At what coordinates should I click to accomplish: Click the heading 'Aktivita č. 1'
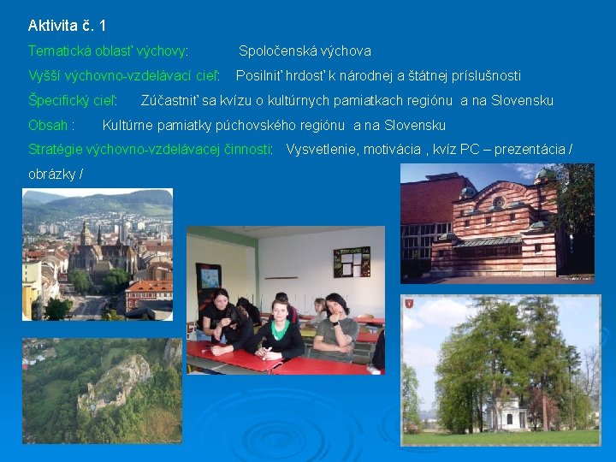[67, 26]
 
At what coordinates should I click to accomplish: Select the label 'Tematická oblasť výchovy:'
[108, 51]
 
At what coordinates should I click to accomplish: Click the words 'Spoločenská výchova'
[305, 51]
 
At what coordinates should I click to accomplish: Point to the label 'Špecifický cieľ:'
[72, 101]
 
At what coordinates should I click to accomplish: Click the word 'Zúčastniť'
[169, 101]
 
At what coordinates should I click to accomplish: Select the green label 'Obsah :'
[50, 126]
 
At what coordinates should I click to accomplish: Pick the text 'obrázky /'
[56, 174]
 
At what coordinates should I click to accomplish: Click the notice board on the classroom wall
[351, 262]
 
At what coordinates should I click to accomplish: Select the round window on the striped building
[499, 203]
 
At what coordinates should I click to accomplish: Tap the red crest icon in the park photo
[409, 303]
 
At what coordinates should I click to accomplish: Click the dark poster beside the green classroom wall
[208, 279]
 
